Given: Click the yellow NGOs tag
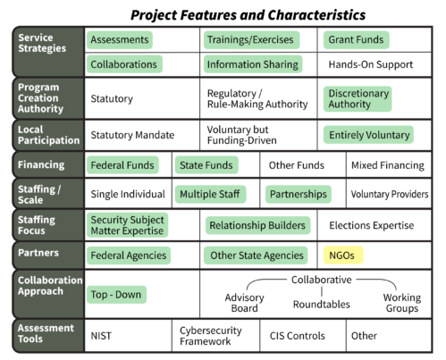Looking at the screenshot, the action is click(343, 255).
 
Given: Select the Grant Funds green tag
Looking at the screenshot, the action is click(357, 40).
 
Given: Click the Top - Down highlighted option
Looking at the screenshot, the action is click(116, 295).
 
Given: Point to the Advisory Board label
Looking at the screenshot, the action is click(244, 303).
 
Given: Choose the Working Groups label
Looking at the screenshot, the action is click(402, 303).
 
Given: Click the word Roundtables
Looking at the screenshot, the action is click(322, 305).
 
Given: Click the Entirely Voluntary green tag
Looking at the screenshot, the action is click(368, 135).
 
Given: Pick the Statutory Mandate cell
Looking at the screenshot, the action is click(132, 135).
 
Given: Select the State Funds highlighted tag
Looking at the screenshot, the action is click(206, 165).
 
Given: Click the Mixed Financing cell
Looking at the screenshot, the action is click(388, 165).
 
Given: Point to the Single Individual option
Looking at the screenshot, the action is click(128, 194).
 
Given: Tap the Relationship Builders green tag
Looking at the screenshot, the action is click(257, 225).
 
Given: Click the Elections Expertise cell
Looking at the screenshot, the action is click(372, 225).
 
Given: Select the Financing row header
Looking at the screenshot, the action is click(41, 164).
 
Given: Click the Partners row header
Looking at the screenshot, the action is click(38, 253).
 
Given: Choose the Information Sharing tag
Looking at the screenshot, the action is click(253, 64).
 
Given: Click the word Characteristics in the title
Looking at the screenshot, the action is click(316, 15).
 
